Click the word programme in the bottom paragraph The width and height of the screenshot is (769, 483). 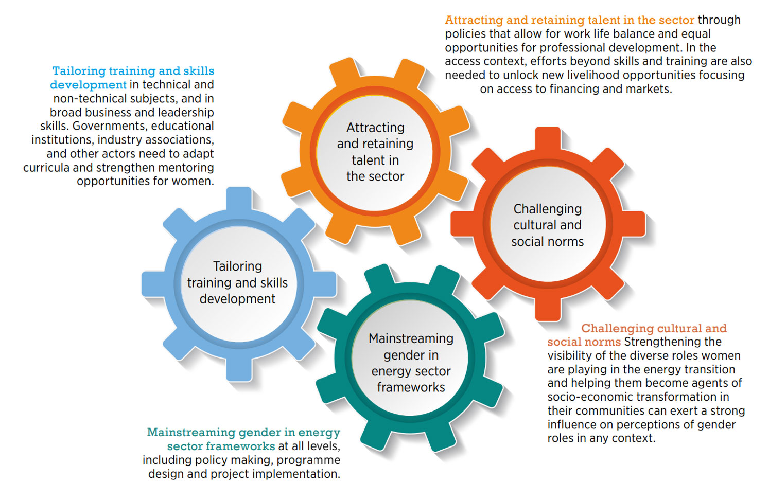309,460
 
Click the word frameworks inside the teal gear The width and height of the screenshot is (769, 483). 411,387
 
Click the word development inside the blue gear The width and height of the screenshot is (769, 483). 237,299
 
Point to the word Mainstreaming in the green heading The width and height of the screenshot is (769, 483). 190,432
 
